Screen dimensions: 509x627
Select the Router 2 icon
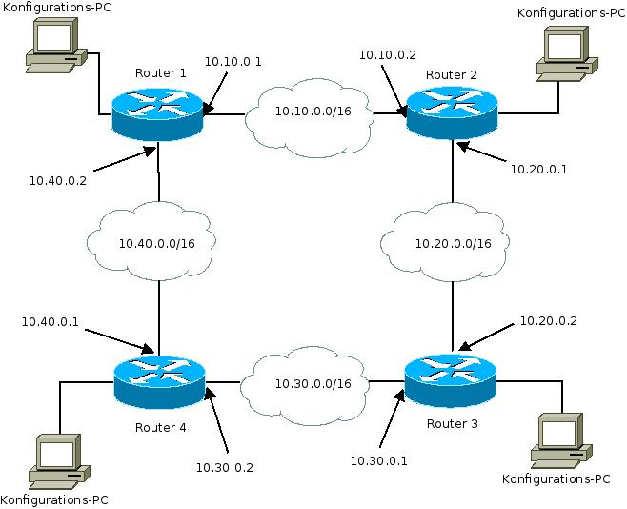click(x=453, y=113)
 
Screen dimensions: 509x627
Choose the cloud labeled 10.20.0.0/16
click(x=453, y=243)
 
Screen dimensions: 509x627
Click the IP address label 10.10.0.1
click(x=233, y=62)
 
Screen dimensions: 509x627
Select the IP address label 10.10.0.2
click(x=387, y=55)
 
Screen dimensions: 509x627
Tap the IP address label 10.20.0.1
click(x=539, y=169)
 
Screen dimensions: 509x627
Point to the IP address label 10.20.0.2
click(x=548, y=321)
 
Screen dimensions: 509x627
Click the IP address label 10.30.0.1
click(x=378, y=460)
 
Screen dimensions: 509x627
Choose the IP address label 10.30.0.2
click(x=224, y=466)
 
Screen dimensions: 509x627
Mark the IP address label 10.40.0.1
click(x=51, y=321)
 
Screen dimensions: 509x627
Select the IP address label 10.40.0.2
click(x=58, y=178)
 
